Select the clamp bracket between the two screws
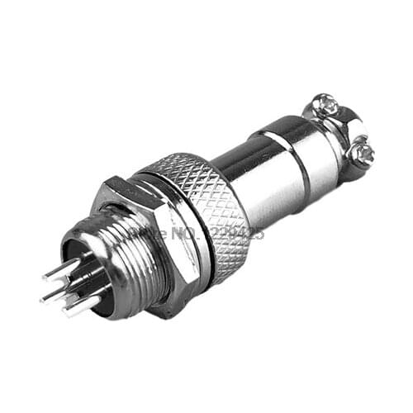point(345,132)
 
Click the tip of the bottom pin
point(64,313)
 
